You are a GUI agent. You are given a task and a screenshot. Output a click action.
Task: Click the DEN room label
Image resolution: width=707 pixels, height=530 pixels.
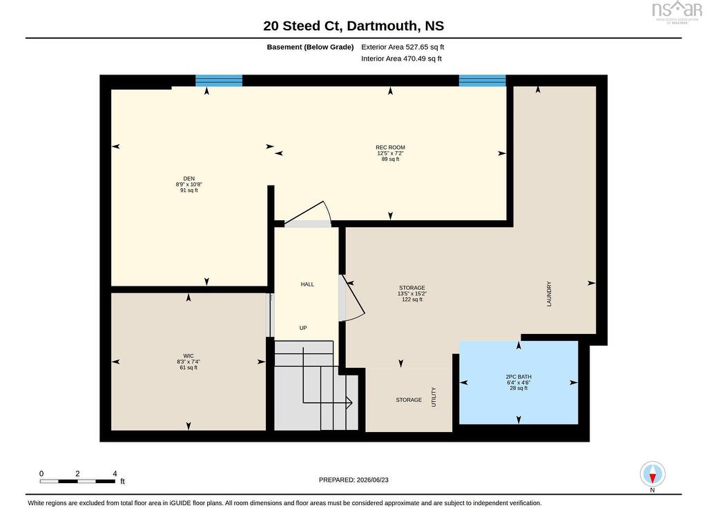(x=189, y=179)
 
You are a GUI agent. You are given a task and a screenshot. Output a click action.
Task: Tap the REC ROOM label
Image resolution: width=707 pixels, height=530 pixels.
(x=391, y=148)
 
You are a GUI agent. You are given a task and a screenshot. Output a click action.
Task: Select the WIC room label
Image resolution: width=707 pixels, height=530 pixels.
(x=188, y=356)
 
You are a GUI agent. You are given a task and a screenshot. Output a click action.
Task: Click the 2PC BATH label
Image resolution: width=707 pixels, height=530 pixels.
(x=519, y=377)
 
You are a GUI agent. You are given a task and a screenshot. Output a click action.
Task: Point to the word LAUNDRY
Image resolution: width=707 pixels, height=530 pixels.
(x=549, y=294)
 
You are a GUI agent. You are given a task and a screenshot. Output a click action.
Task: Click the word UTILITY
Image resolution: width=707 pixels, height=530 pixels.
(x=434, y=397)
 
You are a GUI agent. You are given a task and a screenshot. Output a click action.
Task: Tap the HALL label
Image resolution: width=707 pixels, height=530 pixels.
(x=307, y=284)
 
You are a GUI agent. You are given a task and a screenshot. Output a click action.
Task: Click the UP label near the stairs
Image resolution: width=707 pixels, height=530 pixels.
(x=304, y=328)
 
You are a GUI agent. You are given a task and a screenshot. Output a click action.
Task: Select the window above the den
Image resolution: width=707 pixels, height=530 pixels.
(x=219, y=81)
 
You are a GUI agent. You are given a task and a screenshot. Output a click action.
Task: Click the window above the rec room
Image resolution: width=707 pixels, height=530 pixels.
(x=483, y=81)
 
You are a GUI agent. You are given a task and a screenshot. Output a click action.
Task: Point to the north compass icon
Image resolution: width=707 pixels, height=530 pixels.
(x=652, y=474)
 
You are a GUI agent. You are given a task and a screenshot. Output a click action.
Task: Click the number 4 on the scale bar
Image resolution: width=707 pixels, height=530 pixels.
(x=115, y=473)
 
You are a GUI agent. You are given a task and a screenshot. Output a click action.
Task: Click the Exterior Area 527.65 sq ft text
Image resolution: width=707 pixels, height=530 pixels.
(x=403, y=47)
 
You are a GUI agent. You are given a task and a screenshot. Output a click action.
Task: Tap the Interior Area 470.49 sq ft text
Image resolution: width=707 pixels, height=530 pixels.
(x=401, y=59)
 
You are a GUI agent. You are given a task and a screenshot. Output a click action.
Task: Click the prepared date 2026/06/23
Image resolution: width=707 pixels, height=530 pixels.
(x=372, y=480)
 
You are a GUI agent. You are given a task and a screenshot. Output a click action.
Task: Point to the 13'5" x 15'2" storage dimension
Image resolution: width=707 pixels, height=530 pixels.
(x=412, y=293)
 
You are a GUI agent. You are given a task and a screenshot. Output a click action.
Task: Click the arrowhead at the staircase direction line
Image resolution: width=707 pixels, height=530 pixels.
(x=349, y=402)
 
